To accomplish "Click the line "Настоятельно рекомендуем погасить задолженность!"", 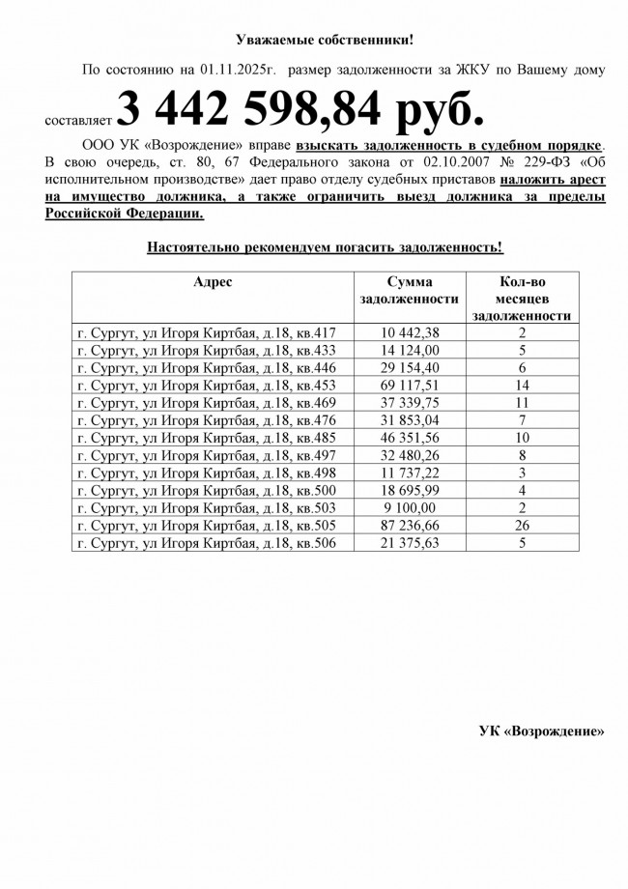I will (325, 247).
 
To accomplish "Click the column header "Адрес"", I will (213, 281).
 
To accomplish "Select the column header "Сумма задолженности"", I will (408, 290).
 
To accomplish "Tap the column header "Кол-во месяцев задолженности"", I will (523, 298).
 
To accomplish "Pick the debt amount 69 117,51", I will (410, 385).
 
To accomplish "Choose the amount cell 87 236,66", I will (410, 525).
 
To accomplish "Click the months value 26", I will (523, 525).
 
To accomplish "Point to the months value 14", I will (523, 385).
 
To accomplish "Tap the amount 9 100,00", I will (410, 507).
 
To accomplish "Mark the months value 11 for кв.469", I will (523, 402).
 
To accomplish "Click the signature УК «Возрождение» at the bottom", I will (541, 731).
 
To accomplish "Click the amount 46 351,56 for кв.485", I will (410, 437).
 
